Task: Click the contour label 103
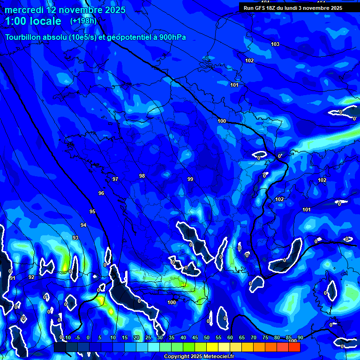click(x=275, y=44)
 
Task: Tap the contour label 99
click(x=190, y=179)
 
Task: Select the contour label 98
click(x=142, y=176)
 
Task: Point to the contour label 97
click(x=115, y=179)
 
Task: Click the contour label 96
click(x=101, y=193)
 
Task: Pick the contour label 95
click(x=92, y=211)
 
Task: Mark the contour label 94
click(x=83, y=225)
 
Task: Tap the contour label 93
click(x=75, y=238)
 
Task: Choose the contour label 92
click(x=31, y=277)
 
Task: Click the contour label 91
click(x=13, y=278)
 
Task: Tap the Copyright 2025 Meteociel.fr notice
click(x=199, y=356)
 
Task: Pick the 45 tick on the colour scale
click(x=195, y=337)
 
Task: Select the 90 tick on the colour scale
click(x=300, y=337)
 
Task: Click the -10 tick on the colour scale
click(x=67, y=337)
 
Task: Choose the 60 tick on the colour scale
click(x=230, y=337)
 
